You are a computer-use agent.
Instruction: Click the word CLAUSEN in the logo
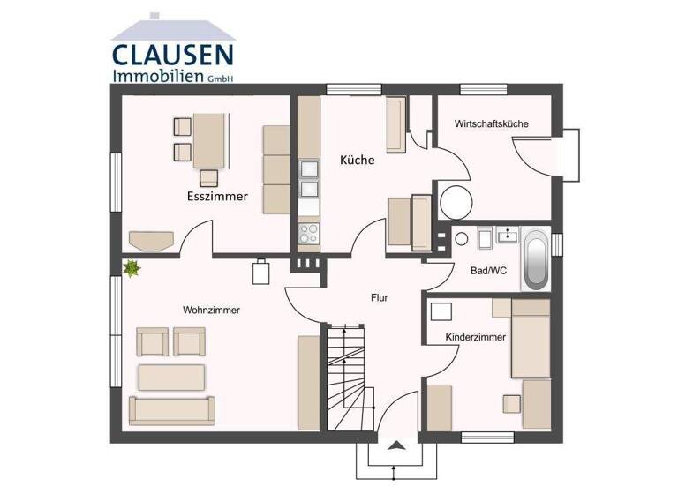[x=172, y=55]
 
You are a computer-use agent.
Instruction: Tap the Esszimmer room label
[x=216, y=196]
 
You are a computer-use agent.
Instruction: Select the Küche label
[x=358, y=161]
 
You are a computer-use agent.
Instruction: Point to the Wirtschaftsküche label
[x=491, y=124]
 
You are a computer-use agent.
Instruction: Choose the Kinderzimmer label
[x=476, y=337]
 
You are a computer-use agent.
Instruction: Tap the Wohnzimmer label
[x=211, y=311]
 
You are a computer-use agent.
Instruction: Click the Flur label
[x=379, y=297]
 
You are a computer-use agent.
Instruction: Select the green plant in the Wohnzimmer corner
[x=132, y=268]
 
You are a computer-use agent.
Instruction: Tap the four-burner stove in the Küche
[x=309, y=233]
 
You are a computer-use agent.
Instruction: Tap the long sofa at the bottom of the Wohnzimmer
[x=171, y=410]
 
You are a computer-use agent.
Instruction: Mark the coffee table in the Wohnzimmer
[x=171, y=377]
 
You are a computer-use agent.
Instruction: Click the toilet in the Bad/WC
[x=462, y=239]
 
